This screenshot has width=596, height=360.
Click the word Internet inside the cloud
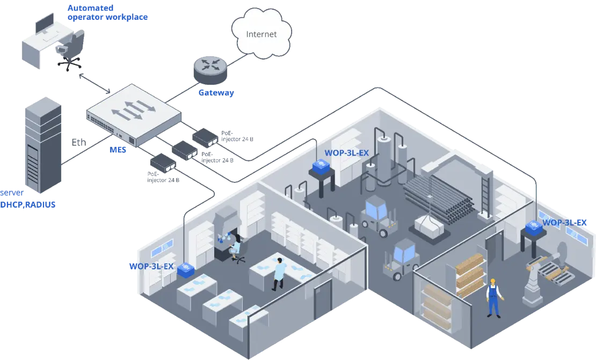pos(261,34)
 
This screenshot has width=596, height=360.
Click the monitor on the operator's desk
pos(45,24)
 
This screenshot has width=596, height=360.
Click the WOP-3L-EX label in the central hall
pos(346,152)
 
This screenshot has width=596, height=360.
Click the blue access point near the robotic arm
pos(535,228)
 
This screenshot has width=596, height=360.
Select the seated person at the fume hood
pos(235,248)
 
